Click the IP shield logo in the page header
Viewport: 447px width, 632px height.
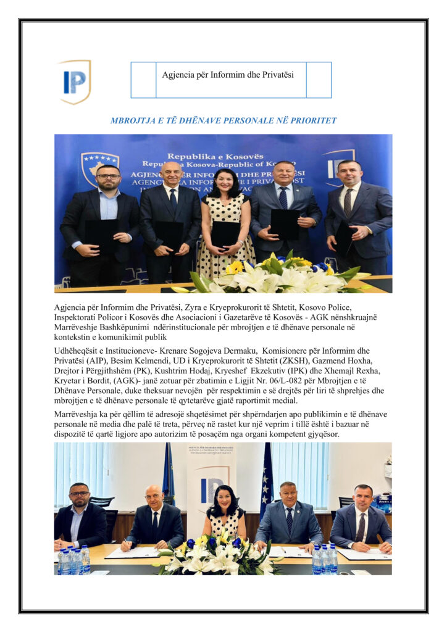click(x=74, y=81)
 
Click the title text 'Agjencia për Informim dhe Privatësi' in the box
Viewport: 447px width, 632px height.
click(x=228, y=75)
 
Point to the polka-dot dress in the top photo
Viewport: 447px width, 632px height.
click(x=226, y=235)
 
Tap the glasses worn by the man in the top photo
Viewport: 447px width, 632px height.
click(x=108, y=177)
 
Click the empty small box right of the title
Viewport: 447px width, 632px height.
click(x=319, y=80)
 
